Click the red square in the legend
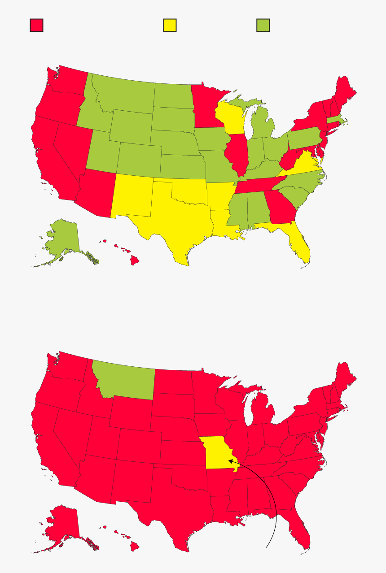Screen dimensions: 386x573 pyautogui.click(x=36, y=25)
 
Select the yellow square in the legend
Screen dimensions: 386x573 pyautogui.click(x=170, y=25)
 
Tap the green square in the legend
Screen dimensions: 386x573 pyautogui.click(x=263, y=25)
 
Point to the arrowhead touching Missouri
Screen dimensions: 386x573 pyautogui.click(x=230, y=460)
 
